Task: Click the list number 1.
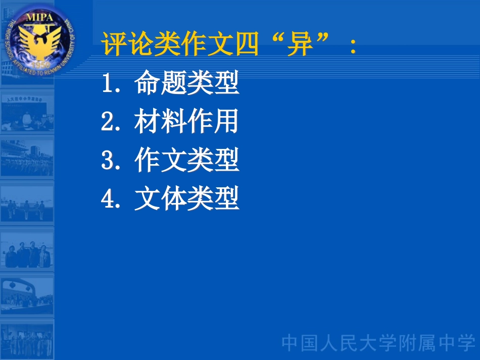point(109,84)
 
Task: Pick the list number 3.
point(109,161)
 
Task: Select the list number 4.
point(109,199)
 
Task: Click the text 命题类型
point(186,84)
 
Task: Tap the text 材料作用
point(186,122)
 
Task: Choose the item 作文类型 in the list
point(186,161)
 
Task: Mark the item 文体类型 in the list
point(186,199)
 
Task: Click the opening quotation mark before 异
point(273,39)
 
